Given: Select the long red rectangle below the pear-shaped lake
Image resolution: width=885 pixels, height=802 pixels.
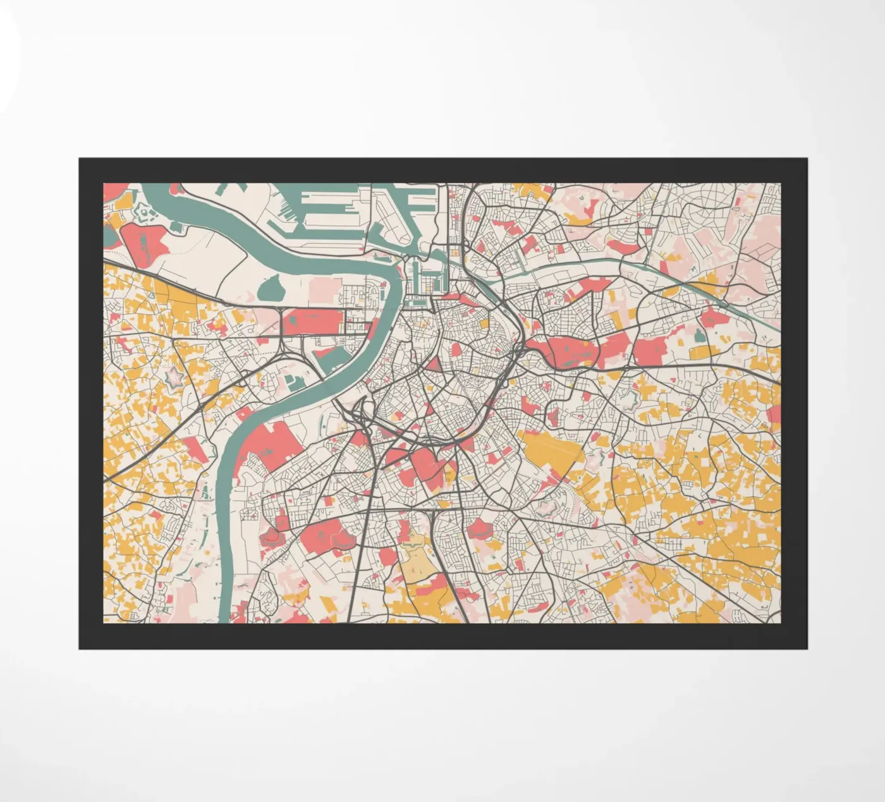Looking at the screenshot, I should (x=312, y=322).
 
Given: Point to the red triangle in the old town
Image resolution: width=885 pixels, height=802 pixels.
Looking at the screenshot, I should (x=435, y=364).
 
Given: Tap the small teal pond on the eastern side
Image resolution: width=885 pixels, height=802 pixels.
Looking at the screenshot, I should (x=699, y=336).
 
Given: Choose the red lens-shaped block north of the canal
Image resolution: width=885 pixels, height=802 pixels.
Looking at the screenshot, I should (x=623, y=246).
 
